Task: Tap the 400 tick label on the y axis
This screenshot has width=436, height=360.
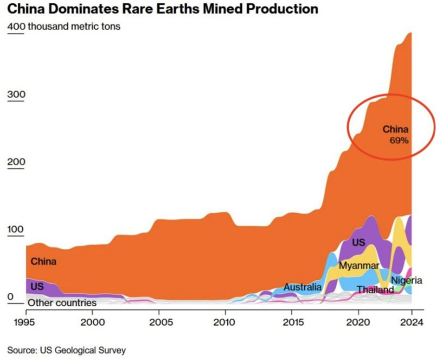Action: click(x=16, y=26)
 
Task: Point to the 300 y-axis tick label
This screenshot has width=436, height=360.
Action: click(x=16, y=95)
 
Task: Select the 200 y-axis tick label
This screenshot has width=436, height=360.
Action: click(x=16, y=162)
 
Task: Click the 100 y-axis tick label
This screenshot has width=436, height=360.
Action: click(x=16, y=230)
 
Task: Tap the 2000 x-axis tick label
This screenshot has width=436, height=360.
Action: click(x=92, y=322)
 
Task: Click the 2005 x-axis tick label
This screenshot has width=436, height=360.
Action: click(x=159, y=322)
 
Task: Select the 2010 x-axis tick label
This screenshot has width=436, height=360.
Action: click(x=225, y=322)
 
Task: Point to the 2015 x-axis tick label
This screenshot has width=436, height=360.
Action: click(x=292, y=322)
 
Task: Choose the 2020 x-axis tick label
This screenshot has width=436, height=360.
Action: click(x=358, y=322)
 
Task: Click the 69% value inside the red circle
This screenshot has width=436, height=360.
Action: click(x=399, y=140)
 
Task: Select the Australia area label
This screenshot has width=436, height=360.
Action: click(x=302, y=287)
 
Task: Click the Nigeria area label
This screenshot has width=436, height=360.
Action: click(x=406, y=280)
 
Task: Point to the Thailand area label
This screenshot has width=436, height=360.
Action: click(x=375, y=290)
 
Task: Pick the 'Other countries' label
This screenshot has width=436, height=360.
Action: click(x=62, y=303)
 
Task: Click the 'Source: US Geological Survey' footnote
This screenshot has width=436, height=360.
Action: click(x=66, y=350)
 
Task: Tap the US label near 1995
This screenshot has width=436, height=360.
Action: click(x=37, y=287)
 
